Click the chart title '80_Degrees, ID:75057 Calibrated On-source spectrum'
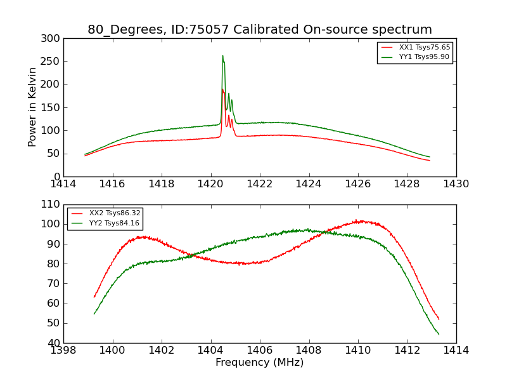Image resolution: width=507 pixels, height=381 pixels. (260, 30)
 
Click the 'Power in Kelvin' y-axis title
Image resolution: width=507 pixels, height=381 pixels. (33, 107)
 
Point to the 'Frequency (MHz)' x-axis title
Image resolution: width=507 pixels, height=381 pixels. (260, 363)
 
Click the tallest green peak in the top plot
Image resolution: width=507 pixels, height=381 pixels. (222, 56)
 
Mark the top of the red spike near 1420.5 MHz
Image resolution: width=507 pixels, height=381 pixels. (222, 90)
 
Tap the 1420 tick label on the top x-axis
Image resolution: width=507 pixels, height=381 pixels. (211, 184)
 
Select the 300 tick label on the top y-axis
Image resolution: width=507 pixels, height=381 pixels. (53, 39)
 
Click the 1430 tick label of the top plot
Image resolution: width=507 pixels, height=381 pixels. (456, 184)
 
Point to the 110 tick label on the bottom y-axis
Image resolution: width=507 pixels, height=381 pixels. (53, 204)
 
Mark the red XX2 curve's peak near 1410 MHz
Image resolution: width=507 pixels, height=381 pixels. (357, 221)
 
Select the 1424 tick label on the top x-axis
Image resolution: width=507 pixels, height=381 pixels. (309, 184)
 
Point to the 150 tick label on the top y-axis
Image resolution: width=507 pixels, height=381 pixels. (53, 107)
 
